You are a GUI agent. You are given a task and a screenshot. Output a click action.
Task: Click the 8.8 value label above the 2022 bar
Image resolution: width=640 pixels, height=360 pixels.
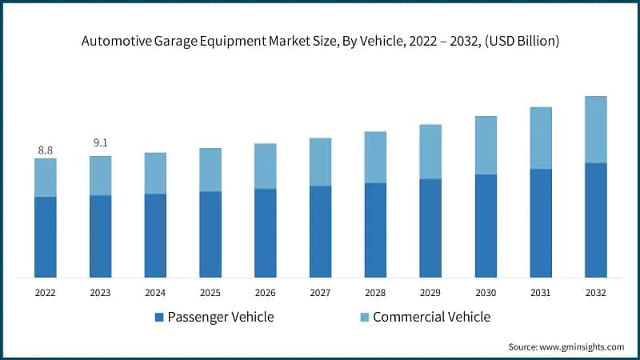point(46,150)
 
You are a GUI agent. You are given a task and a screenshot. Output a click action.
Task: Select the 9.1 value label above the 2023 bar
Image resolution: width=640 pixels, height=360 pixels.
point(100,143)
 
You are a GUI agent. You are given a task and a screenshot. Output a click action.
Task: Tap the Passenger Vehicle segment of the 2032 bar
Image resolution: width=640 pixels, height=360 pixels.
point(596,220)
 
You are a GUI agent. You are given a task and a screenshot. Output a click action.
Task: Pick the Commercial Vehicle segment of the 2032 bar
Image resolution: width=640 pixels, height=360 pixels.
point(596,130)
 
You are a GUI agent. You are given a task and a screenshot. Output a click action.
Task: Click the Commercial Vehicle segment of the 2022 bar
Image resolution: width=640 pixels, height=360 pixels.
point(46,178)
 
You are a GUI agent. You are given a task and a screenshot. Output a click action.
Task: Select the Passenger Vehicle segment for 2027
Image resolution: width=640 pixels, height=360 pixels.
point(321,232)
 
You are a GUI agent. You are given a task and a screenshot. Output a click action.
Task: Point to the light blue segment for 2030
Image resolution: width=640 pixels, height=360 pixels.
point(486,145)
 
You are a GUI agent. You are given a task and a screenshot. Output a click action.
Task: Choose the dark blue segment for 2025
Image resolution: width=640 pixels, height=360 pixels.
point(210,234)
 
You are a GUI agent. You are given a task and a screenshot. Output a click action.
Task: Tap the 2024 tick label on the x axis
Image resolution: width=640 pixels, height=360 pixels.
point(155,294)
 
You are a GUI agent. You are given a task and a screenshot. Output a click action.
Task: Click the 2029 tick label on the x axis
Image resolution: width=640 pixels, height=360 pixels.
point(430,294)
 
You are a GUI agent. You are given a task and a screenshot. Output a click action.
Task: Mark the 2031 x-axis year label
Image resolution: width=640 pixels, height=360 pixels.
point(541,294)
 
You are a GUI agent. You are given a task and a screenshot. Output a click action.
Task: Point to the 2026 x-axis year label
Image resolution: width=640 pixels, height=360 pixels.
point(266,294)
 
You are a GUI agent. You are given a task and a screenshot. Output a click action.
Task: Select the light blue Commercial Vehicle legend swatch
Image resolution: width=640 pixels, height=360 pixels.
point(363,318)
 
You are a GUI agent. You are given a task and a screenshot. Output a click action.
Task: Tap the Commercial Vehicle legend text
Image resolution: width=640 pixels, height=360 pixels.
point(431,317)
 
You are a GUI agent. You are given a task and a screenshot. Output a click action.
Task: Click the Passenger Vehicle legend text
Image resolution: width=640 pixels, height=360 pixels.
point(221,317)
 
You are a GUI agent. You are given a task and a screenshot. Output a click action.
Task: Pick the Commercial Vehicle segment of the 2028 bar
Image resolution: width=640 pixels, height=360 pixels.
point(375,157)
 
